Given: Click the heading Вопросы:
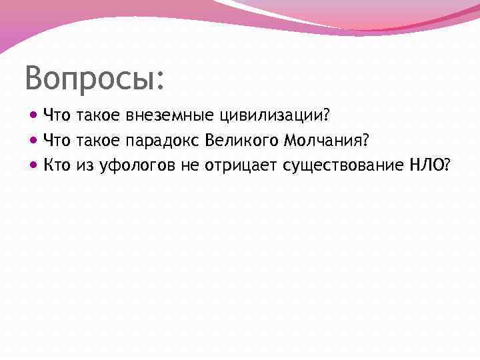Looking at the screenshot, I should coord(93,79).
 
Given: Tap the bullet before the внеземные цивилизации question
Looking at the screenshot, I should coord(35,116).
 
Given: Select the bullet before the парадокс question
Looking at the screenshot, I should coord(35,140).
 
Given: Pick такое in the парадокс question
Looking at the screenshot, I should coord(98,140).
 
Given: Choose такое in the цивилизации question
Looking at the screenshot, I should coord(98,116).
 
